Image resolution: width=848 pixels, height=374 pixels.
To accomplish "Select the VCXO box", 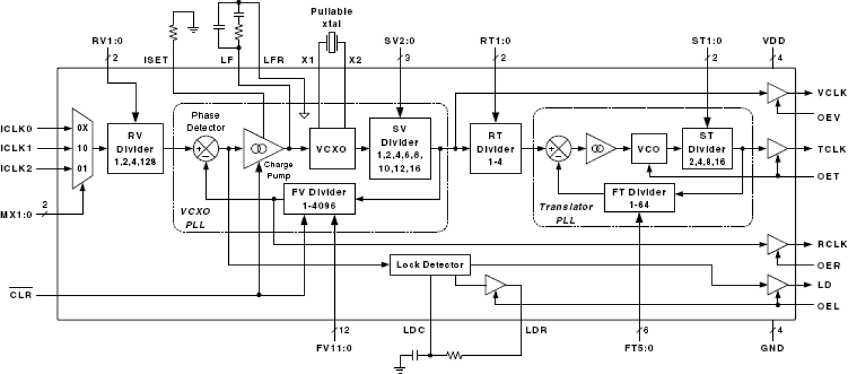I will [x=327, y=149].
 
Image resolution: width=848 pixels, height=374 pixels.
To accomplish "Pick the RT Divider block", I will [x=497, y=149].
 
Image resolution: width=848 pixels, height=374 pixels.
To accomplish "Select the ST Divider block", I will [x=707, y=149].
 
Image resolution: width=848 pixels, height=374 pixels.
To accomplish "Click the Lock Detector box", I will [x=430, y=265].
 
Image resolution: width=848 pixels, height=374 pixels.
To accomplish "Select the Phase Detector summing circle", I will [x=205, y=149].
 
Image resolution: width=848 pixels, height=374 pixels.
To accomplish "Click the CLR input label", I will [x=22, y=295].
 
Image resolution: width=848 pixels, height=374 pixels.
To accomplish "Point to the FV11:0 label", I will [x=335, y=350].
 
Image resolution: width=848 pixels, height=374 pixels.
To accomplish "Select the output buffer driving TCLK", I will [x=777, y=149].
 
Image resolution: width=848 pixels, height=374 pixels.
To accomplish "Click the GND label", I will [x=773, y=350].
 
